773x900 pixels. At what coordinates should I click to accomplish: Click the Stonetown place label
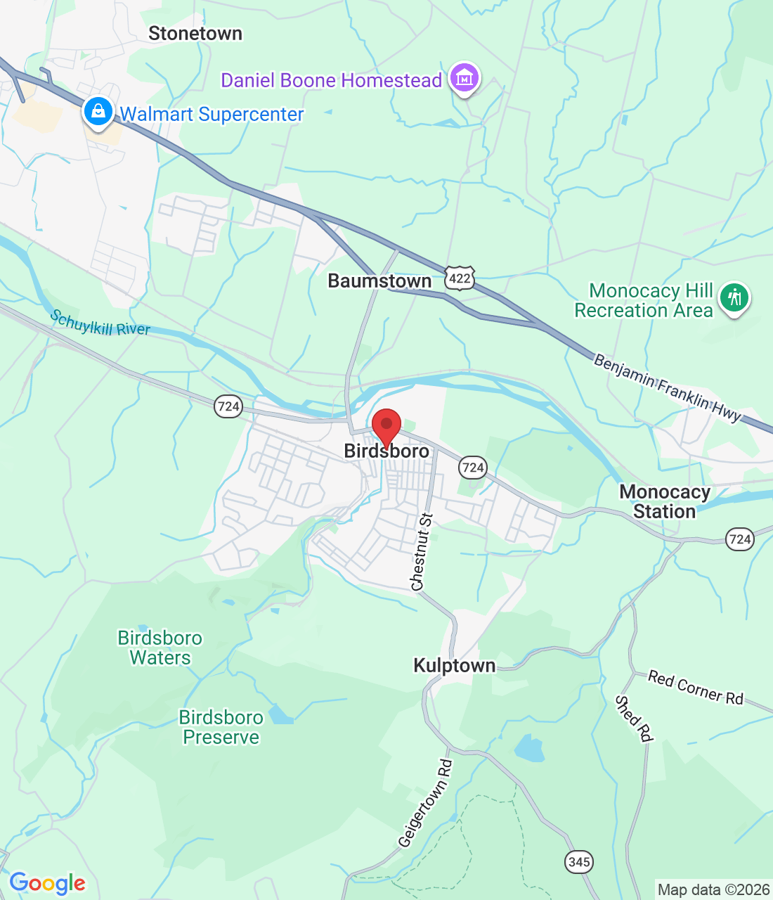[x=195, y=34]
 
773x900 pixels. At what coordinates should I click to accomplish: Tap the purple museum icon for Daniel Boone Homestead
[x=464, y=78]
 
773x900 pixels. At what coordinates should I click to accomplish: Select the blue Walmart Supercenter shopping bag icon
[x=98, y=112]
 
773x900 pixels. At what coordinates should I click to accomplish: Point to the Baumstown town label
[x=379, y=281]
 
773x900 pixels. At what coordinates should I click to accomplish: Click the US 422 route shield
[x=460, y=278]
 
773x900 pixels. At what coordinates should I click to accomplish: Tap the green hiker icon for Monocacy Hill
[x=734, y=297]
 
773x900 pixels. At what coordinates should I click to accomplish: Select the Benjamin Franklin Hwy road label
[x=667, y=389]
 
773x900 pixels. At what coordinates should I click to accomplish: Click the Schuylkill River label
[x=100, y=323]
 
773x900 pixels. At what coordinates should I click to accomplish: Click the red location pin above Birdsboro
[x=386, y=427]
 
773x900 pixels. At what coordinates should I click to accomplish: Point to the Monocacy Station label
[x=664, y=502]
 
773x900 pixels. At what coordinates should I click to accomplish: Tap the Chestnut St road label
[x=422, y=552]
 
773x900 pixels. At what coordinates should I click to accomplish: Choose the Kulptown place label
[x=454, y=666]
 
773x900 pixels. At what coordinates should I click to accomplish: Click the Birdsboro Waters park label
[x=160, y=648]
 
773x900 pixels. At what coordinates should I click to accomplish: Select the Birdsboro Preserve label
[x=221, y=727]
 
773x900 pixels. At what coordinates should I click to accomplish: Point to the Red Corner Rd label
[x=695, y=687]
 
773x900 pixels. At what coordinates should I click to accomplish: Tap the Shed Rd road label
[x=634, y=718]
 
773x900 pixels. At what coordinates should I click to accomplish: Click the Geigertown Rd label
[x=425, y=803]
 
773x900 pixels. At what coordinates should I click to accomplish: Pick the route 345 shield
[x=578, y=862]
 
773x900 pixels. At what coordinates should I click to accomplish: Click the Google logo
[x=48, y=883]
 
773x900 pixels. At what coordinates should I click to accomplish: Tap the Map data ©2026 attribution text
[x=713, y=890]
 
